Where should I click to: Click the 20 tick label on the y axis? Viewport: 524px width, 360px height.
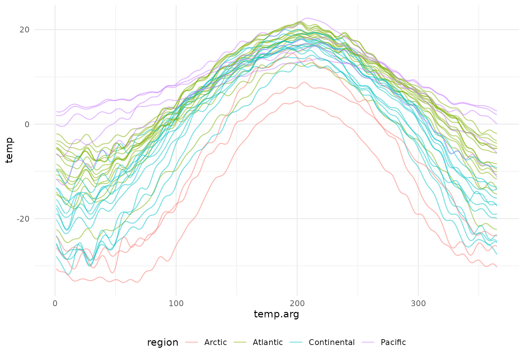25,30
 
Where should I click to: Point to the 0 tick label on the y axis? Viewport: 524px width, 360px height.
27,124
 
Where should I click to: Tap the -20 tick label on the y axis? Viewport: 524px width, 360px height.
23,219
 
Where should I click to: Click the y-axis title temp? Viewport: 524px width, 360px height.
9,150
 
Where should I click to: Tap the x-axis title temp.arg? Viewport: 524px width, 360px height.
276,314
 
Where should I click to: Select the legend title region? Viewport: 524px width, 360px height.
162,343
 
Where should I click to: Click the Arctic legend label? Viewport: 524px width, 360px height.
216,342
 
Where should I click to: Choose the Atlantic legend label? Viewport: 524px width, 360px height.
268,342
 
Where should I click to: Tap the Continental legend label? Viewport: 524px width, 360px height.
332,342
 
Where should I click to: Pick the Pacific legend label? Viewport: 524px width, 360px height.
393,342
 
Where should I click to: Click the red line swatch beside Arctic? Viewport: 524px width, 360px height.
192,342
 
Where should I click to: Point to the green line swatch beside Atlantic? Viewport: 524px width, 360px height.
241,342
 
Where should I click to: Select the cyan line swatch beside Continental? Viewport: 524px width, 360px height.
297,342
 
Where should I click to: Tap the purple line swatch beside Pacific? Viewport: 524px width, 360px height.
369,342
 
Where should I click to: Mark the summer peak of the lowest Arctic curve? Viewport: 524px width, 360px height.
297,101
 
